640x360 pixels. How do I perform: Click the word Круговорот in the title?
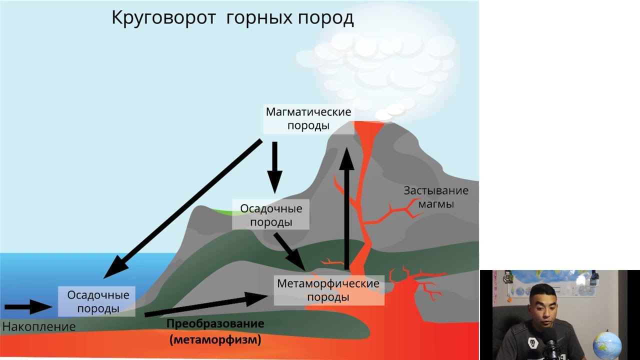point(163,18)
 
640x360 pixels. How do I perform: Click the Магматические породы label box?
point(308,118)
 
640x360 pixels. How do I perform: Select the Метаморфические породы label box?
point(328,290)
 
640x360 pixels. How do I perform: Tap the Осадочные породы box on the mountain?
point(270,215)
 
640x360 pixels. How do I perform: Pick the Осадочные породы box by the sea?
point(98,301)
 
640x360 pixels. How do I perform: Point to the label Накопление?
point(38,327)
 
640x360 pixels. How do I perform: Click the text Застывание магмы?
point(436,197)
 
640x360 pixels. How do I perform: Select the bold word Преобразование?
point(215,323)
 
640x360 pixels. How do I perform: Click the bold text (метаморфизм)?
point(215,340)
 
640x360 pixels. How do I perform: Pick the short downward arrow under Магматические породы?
point(274,167)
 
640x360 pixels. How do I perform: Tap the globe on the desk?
point(607,344)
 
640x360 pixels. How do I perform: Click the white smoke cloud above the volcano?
point(380,65)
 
